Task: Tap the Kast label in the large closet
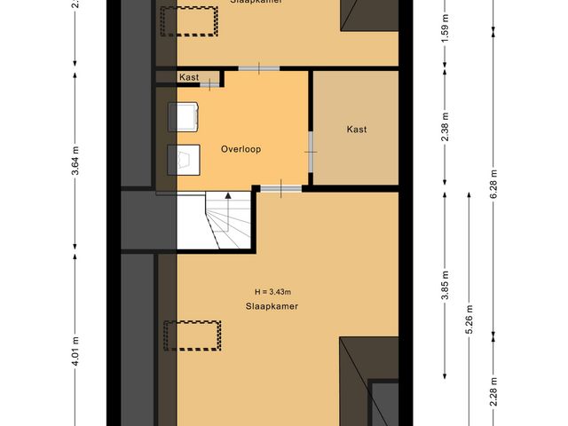357,129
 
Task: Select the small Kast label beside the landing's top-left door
188,77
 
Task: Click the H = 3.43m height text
272,291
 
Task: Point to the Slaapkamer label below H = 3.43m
272,305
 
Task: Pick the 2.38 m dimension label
446,129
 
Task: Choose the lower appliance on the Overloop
185,160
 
